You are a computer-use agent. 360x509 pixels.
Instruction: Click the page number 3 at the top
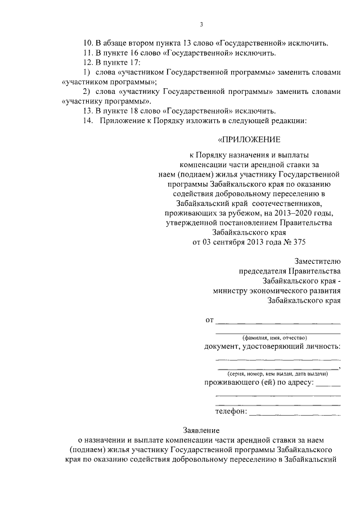click(201, 24)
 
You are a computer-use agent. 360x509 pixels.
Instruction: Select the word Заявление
click(208, 429)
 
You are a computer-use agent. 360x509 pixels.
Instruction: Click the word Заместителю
click(317, 260)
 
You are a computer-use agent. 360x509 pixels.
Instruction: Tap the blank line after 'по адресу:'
click(327, 385)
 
